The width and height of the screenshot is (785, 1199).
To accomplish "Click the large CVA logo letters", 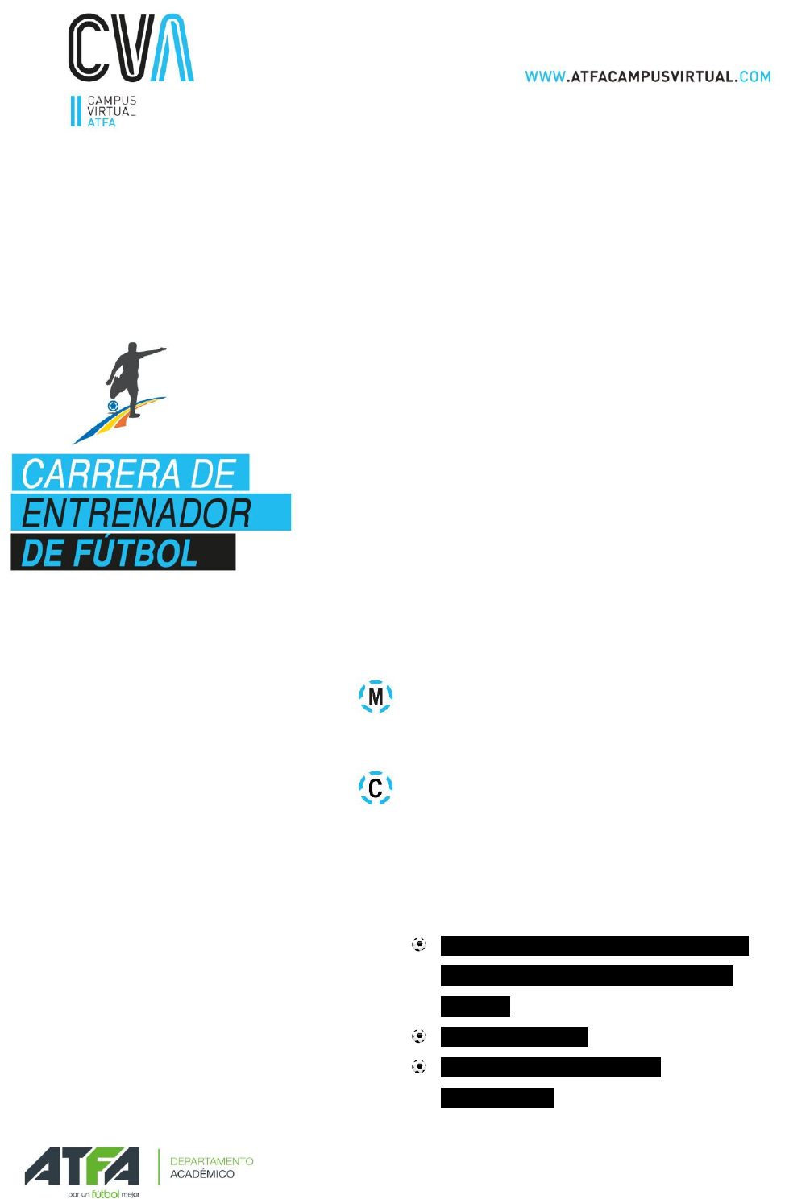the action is pyautogui.click(x=131, y=48).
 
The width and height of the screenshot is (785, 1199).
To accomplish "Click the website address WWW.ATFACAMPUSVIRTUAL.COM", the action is pyautogui.click(x=647, y=76).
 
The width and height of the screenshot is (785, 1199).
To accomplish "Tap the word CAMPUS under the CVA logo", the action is pyautogui.click(x=112, y=101).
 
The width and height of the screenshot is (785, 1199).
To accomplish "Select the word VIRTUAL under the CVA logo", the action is pyautogui.click(x=111, y=112).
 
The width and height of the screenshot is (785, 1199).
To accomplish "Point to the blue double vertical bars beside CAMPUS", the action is pyautogui.click(x=76, y=111).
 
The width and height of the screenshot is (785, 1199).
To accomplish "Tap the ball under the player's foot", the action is pyautogui.click(x=114, y=406).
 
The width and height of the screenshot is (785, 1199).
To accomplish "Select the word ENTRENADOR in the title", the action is pyautogui.click(x=136, y=513).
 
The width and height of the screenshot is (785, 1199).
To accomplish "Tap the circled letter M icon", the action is pyautogui.click(x=376, y=697).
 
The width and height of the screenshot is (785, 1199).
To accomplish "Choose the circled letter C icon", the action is pyautogui.click(x=376, y=788).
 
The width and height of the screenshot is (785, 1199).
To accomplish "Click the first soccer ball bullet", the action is pyautogui.click(x=419, y=945).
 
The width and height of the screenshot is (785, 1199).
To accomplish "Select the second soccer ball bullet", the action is pyautogui.click(x=419, y=1036).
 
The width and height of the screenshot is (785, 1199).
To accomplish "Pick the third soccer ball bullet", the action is pyautogui.click(x=419, y=1067).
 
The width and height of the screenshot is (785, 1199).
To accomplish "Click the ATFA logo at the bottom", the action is pyautogui.click(x=81, y=1167).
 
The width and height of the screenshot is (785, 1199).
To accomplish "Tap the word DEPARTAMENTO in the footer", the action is pyautogui.click(x=212, y=1161).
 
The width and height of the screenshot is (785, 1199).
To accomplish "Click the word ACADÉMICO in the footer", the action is pyautogui.click(x=202, y=1175).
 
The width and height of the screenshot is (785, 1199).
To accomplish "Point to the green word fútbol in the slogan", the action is pyautogui.click(x=106, y=1194).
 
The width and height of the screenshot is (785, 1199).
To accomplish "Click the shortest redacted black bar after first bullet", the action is pyautogui.click(x=475, y=1007).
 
